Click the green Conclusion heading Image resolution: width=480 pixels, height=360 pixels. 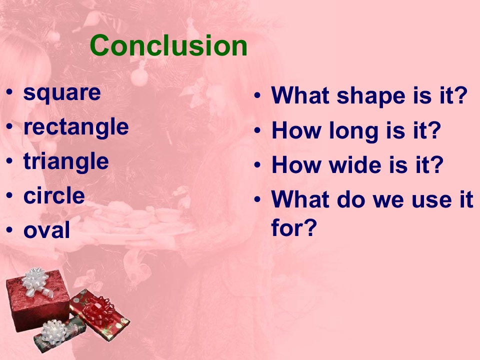[168, 45]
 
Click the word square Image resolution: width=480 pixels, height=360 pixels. [62, 93]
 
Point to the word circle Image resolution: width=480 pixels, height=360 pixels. [54, 195]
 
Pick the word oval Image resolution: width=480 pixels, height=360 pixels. [47, 230]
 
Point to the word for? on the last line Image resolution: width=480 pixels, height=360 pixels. [294, 227]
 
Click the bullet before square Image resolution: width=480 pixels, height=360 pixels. [9, 92]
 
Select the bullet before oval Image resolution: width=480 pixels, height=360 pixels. [9, 229]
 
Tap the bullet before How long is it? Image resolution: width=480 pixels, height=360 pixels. [257, 130]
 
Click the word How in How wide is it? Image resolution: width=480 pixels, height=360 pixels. [295, 164]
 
